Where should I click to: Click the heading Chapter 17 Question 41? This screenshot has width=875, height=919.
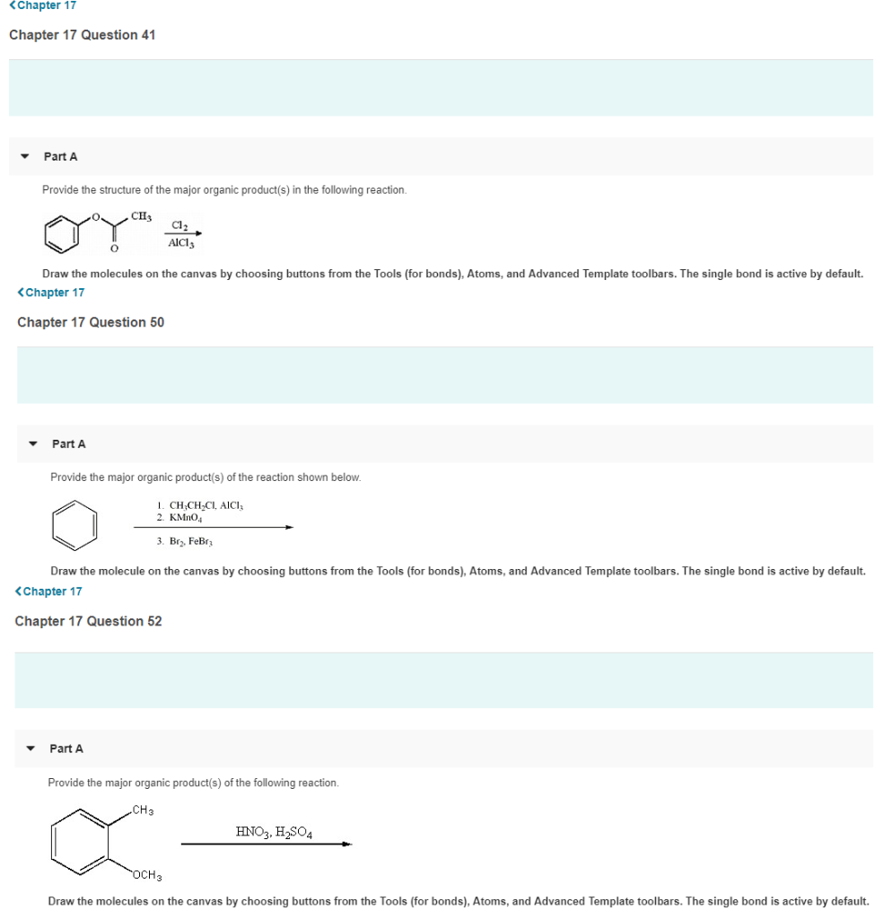82,35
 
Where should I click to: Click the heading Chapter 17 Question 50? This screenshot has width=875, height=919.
91,322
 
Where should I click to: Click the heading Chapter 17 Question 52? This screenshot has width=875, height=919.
88,621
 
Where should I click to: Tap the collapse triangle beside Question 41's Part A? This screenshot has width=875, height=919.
25,156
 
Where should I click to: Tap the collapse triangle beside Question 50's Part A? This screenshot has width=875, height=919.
33,444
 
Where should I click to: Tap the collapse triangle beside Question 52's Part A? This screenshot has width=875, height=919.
31,748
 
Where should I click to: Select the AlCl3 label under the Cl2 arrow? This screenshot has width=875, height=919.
181,242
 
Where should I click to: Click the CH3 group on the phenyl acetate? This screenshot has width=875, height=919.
141,216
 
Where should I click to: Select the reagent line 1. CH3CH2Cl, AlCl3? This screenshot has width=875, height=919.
199,505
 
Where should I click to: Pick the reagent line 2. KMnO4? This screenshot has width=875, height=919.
179,518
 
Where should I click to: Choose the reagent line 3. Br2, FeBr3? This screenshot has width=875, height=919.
183,541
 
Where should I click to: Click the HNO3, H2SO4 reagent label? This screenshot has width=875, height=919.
274,832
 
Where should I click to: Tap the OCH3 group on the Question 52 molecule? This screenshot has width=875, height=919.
147,875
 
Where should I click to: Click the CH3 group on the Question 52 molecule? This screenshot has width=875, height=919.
143,810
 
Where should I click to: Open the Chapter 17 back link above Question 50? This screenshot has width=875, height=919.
51,293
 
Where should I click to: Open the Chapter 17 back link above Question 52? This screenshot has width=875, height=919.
48,591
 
